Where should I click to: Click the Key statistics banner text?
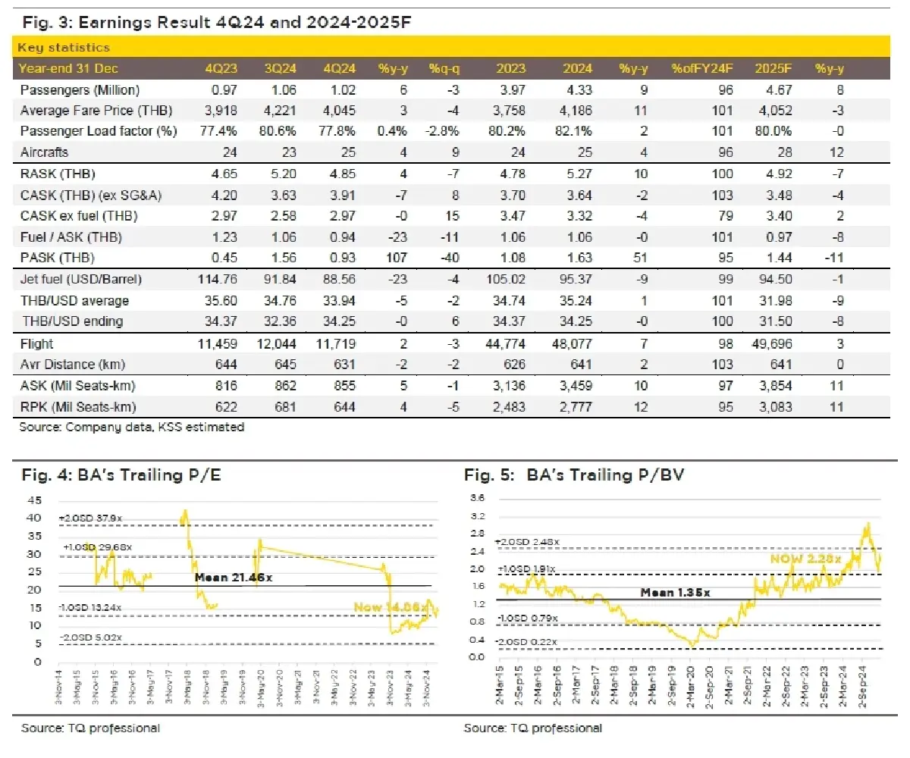coord(64,48)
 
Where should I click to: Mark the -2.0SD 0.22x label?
coord(527,642)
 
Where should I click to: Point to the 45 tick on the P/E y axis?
coord(35,500)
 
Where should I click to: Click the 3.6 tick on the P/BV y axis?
coord(479,498)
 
